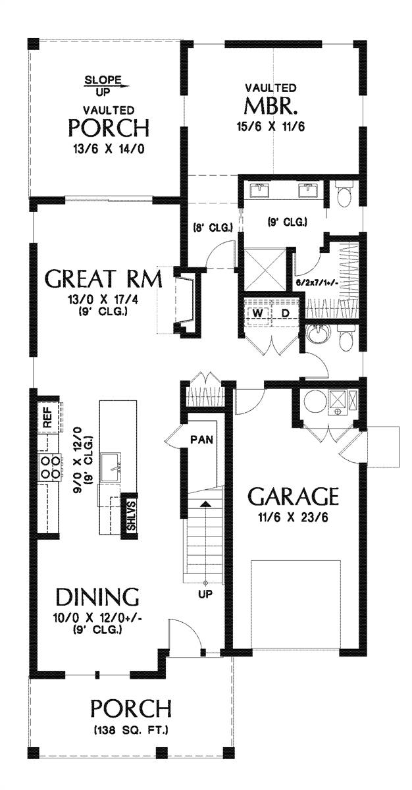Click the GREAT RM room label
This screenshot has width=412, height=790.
pyautogui.click(x=103, y=279)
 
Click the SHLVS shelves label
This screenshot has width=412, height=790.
pyautogui.click(x=130, y=515)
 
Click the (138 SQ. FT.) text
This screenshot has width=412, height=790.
pyautogui.click(x=131, y=730)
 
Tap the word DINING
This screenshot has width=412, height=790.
pyautogui.click(x=97, y=597)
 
